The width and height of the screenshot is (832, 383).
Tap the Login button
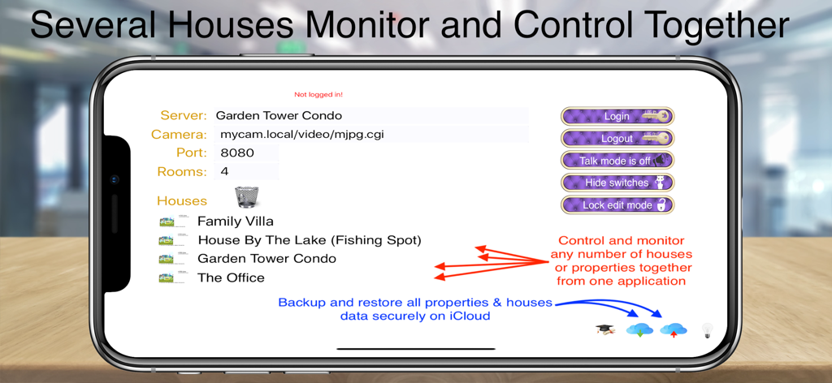point(617,116)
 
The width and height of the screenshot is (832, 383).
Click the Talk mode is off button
point(617,161)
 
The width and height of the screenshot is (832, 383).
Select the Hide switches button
point(617,183)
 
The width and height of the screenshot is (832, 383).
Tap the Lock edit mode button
point(617,205)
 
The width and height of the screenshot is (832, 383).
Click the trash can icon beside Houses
point(247,197)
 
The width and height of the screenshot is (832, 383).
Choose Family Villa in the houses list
point(235,221)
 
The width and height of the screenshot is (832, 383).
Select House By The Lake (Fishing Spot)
point(309,240)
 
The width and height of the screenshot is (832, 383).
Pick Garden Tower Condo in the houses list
point(266,259)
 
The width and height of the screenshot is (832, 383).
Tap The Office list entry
point(231,278)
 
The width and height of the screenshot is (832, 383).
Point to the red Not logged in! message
point(318,95)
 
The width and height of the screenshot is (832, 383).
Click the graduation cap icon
point(605,329)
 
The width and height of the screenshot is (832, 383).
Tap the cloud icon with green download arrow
point(640,329)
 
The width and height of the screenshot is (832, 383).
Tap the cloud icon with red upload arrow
point(674,329)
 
